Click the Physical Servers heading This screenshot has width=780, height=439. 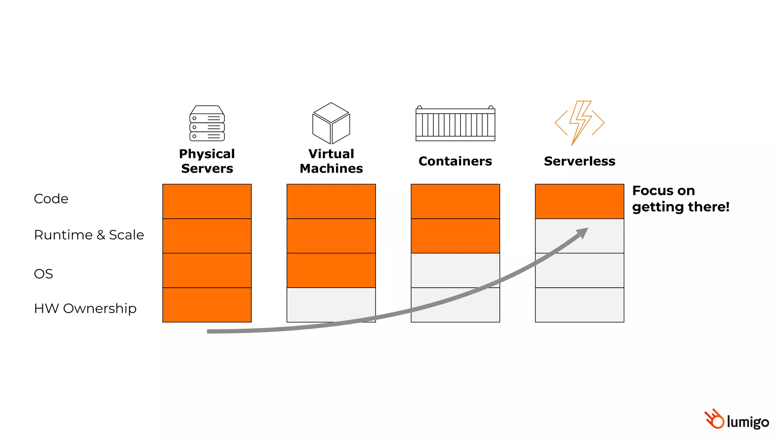[207, 161]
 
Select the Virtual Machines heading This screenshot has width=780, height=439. [331, 161]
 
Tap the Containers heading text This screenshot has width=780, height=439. [455, 161]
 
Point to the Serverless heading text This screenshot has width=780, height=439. [579, 161]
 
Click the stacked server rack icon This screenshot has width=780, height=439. [207, 123]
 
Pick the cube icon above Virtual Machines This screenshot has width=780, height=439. [331, 123]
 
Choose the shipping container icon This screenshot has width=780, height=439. [455, 123]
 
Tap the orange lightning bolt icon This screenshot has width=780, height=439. [579, 122]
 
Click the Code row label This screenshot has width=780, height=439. [51, 199]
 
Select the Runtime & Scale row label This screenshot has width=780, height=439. [89, 235]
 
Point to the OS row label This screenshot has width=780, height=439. [43, 274]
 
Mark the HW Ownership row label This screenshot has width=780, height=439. [85, 308]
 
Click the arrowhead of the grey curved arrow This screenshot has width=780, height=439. [583, 232]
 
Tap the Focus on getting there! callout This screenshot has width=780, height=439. [680, 199]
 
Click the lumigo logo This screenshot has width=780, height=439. [737, 420]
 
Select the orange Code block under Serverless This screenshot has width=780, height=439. [579, 201]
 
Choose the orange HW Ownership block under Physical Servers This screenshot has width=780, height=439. [207, 305]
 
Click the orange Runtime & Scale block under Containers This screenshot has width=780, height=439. [455, 236]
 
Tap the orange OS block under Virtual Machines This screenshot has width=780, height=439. [331, 270]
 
